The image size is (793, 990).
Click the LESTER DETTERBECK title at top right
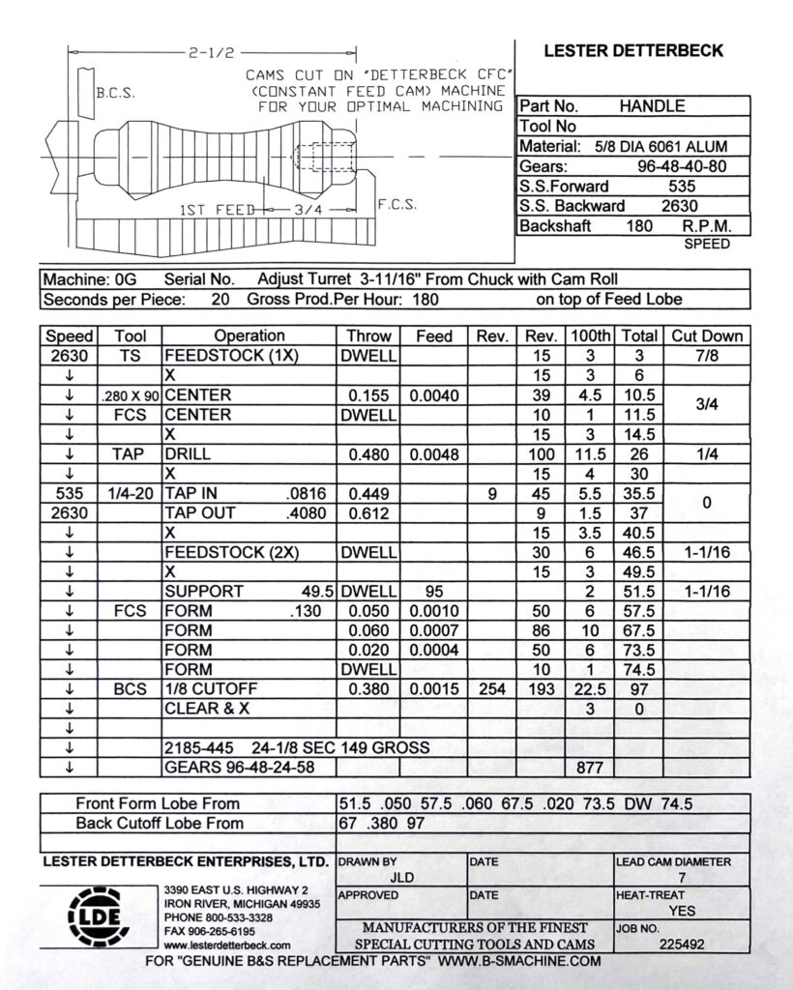[633, 51]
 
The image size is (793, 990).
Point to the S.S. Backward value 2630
[681, 206]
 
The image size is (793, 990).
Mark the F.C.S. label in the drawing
[396, 205]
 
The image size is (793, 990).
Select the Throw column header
[368, 336]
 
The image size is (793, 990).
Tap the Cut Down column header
[706, 336]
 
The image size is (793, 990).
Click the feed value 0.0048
[433, 453]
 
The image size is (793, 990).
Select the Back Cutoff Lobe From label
[160, 824]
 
